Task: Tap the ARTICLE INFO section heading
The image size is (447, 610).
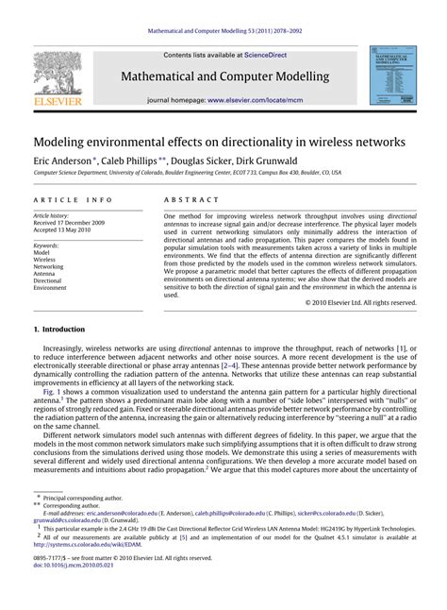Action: (x=67, y=201)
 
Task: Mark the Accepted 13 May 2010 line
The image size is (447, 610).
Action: (x=70, y=230)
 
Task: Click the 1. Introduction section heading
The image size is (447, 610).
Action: (x=58, y=330)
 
